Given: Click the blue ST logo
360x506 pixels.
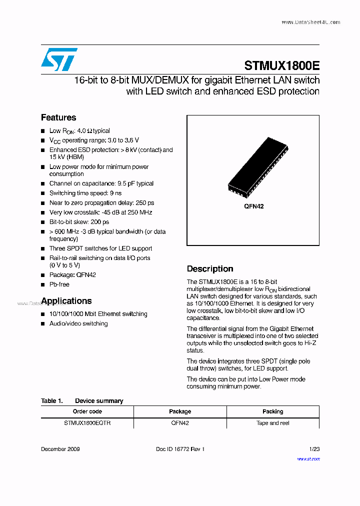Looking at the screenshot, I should point(59,59).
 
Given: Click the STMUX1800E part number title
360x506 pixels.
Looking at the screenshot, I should point(281,66).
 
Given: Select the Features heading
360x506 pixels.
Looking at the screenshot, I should point(58,117).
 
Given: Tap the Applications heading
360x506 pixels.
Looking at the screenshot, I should point(66,301).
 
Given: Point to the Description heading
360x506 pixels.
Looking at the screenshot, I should point(210,269).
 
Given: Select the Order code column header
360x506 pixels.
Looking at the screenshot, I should point(87,411).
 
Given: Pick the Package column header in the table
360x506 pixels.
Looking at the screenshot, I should point(180,411).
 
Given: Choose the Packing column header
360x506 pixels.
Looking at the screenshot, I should point(272,411).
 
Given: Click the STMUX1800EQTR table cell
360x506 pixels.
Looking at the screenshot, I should point(87,423).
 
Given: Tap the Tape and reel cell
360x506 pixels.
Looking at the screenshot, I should point(272,423).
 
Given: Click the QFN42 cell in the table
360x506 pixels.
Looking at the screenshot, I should point(180,423).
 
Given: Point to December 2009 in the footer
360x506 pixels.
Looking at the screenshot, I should point(60,449).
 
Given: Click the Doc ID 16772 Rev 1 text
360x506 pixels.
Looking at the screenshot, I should point(180,449).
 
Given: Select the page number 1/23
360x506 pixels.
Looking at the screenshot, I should point(314,449).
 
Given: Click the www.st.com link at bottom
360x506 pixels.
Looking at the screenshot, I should point(308,458).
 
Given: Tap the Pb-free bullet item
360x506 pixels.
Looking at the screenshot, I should point(59,284).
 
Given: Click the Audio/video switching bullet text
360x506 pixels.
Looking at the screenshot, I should point(78,323).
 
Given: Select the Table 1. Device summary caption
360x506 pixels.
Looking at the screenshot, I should point(82,401).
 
